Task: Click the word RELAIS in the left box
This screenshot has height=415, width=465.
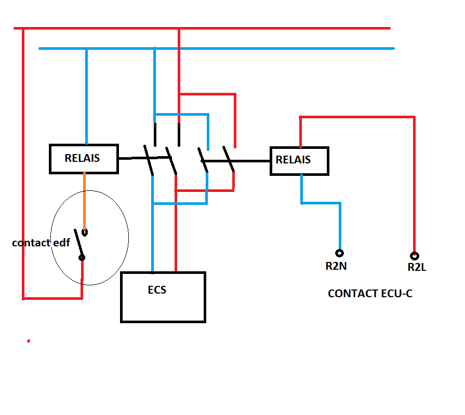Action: [82, 158]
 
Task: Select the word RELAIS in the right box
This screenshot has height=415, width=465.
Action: [293, 160]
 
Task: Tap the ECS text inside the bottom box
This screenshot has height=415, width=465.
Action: [157, 290]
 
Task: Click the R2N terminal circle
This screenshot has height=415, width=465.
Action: [340, 253]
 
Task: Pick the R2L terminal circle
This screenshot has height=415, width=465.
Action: [414, 256]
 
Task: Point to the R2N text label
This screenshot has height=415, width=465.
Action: [336, 266]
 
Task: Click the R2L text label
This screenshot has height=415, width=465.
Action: [417, 268]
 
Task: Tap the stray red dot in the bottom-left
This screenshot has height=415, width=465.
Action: [28, 341]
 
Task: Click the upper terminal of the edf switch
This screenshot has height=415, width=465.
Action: [85, 232]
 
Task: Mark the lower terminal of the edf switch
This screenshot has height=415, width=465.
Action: [82, 257]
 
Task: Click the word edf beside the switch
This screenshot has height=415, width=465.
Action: [61, 243]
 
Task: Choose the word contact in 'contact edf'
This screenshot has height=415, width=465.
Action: [31, 243]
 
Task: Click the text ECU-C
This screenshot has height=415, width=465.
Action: [397, 294]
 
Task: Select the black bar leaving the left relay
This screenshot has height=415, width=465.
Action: [131, 158]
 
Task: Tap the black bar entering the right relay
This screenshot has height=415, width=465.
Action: [252, 161]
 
